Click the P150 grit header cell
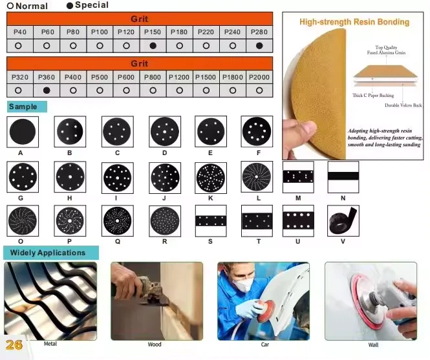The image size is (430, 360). click(x=153, y=32)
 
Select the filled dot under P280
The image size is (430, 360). click(x=259, y=46)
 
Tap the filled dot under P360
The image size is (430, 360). click(x=47, y=90)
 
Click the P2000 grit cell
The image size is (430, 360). click(x=259, y=78)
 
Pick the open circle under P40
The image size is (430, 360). click(x=18, y=46)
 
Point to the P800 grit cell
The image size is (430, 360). click(x=153, y=78)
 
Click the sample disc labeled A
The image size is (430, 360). click(x=23, y=132)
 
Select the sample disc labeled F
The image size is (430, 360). click(x=257, y=131)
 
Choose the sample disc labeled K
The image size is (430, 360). click(x=211, y=177)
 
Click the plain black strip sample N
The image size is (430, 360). click(x=343, y=176)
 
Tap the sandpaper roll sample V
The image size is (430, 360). click(x=343, y=220)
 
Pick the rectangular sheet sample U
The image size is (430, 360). click(x=298, y=220)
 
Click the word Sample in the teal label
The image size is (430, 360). click(x=23, y=107)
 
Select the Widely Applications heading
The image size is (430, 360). click(x=48, y=253)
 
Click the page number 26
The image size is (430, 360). click(x=14, y=345)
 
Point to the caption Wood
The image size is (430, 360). click(x=155, y=344)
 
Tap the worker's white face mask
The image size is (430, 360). click(x=242, y=284)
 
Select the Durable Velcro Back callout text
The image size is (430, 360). click(x=403, y=105)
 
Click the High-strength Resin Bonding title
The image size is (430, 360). click(x=354, y=22)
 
